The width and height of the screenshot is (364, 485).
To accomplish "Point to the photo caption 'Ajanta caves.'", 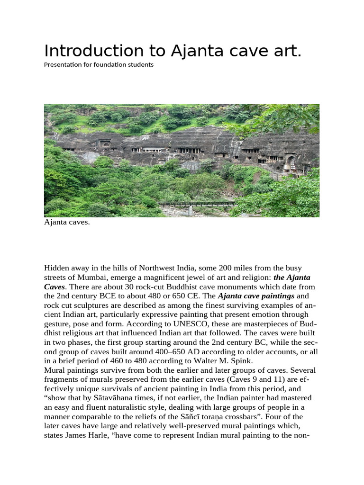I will [x=66, y=222].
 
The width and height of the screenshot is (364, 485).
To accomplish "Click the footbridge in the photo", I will [x=197, y=204].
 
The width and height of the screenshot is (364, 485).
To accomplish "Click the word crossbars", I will [x=238, y=416].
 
